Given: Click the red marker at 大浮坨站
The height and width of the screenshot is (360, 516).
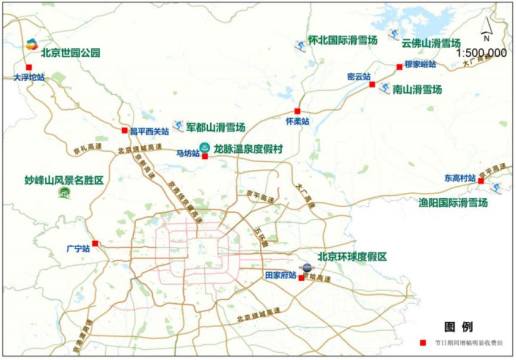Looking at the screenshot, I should click(x=29, y=67).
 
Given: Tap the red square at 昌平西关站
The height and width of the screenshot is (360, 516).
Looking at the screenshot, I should click(x=124, y=130).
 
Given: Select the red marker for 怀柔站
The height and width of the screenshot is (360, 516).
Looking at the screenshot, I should click(x=297, y=111).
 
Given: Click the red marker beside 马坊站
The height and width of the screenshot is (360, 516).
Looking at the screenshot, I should click(x=205, y=156).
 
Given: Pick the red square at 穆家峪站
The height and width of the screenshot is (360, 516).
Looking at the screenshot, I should click(x=400, y=67).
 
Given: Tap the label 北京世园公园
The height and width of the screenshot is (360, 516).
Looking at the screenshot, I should click(x=70, y=53).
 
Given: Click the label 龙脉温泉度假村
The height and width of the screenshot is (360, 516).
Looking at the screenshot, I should click(x=248, y=147).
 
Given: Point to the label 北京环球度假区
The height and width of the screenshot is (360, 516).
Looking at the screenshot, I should click(x=352, y=257).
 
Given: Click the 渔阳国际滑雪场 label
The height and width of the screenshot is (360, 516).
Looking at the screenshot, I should click(x=453, y=202).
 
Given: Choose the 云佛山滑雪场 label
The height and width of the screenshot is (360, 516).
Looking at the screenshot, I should click(x=431, y=44).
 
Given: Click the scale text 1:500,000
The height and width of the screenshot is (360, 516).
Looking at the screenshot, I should click(x=481, y=53).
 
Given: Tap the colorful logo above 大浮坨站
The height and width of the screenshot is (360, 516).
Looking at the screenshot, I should click(x=32, y=44).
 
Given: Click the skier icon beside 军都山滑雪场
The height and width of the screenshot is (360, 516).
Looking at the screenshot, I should click(x=177, y=126).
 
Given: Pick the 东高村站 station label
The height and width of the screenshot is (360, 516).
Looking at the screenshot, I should click(x=460, y=179).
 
